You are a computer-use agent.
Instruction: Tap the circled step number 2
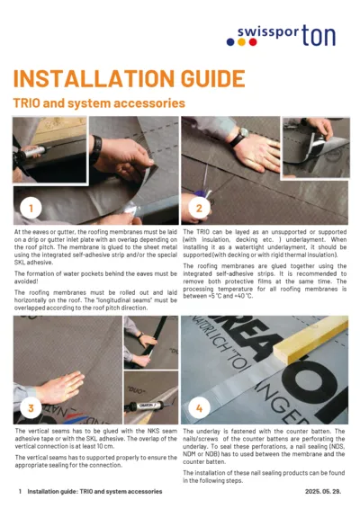point(199,210)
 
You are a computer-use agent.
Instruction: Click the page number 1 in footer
point(20,492)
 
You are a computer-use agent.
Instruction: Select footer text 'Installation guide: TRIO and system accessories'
point(94,492)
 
